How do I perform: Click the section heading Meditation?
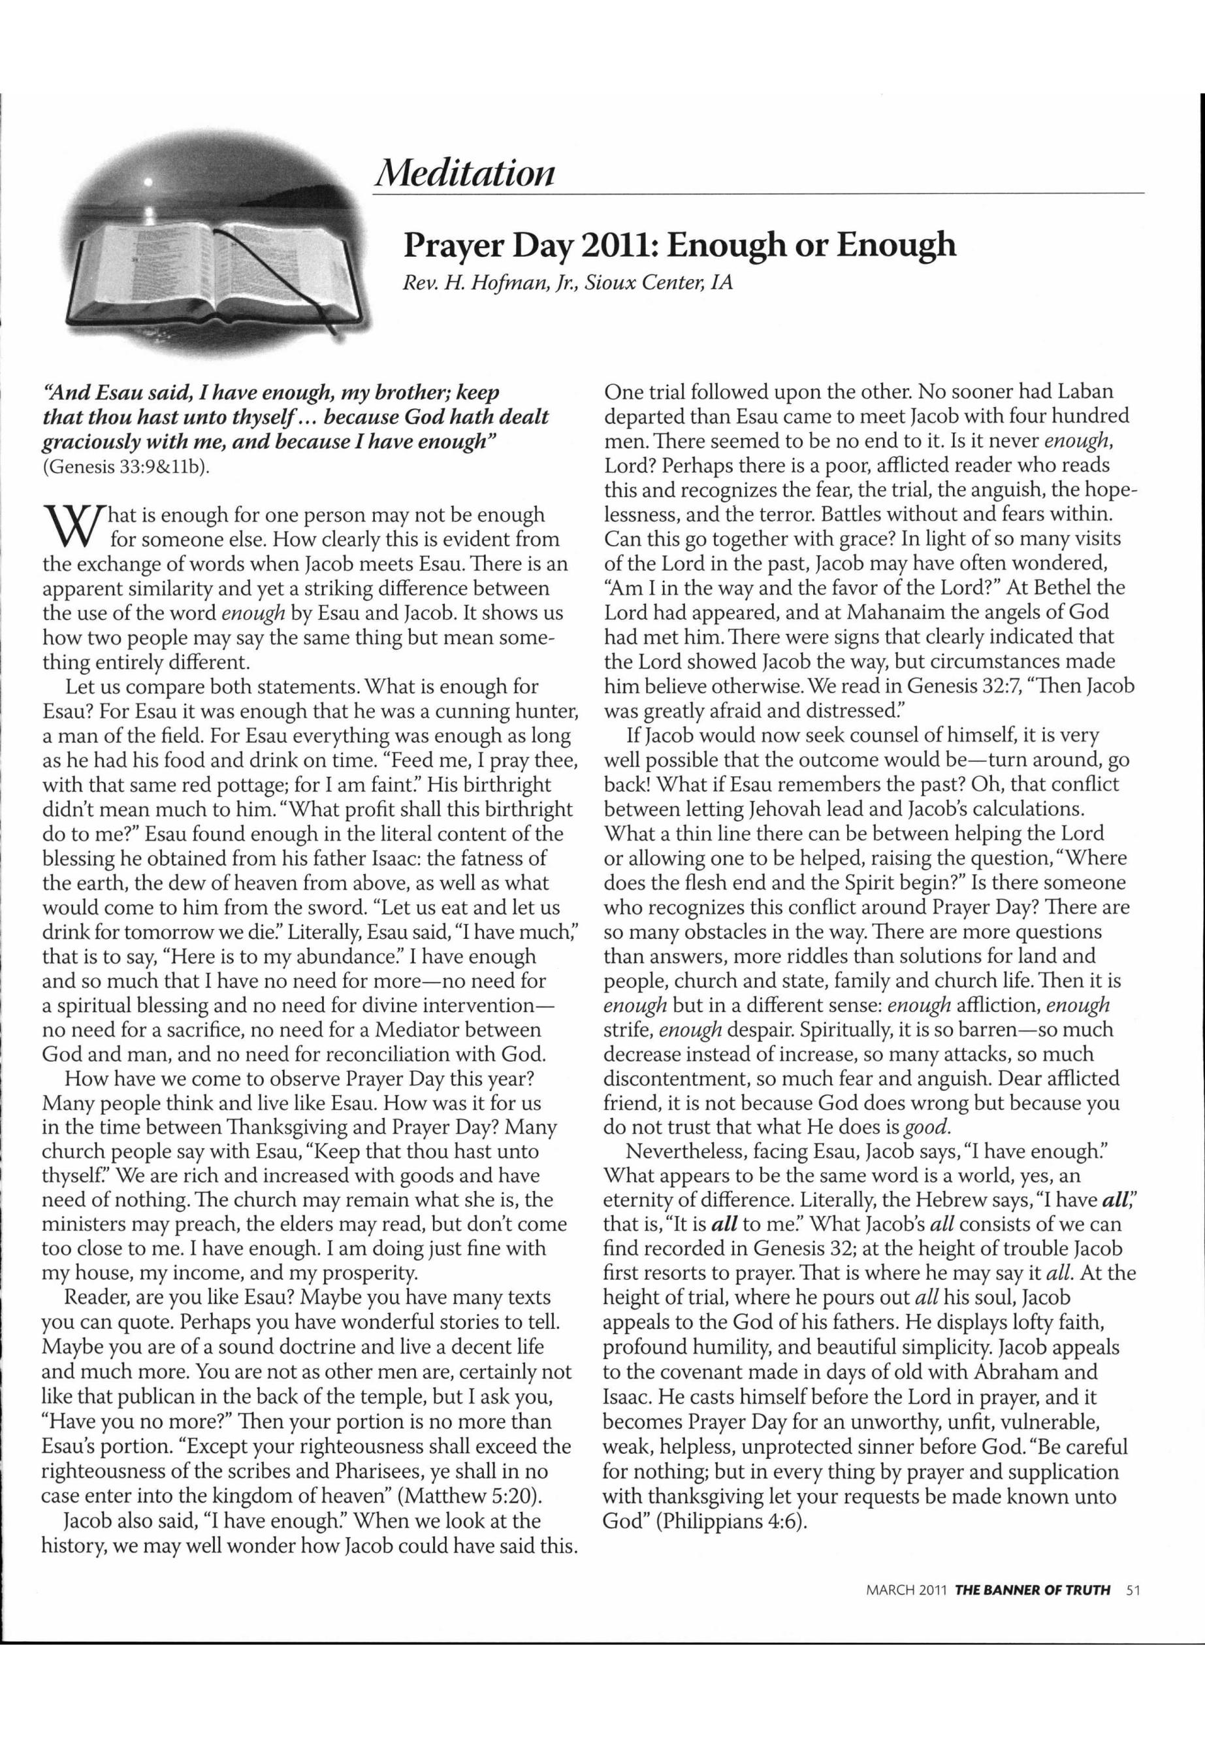[465, 172]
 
